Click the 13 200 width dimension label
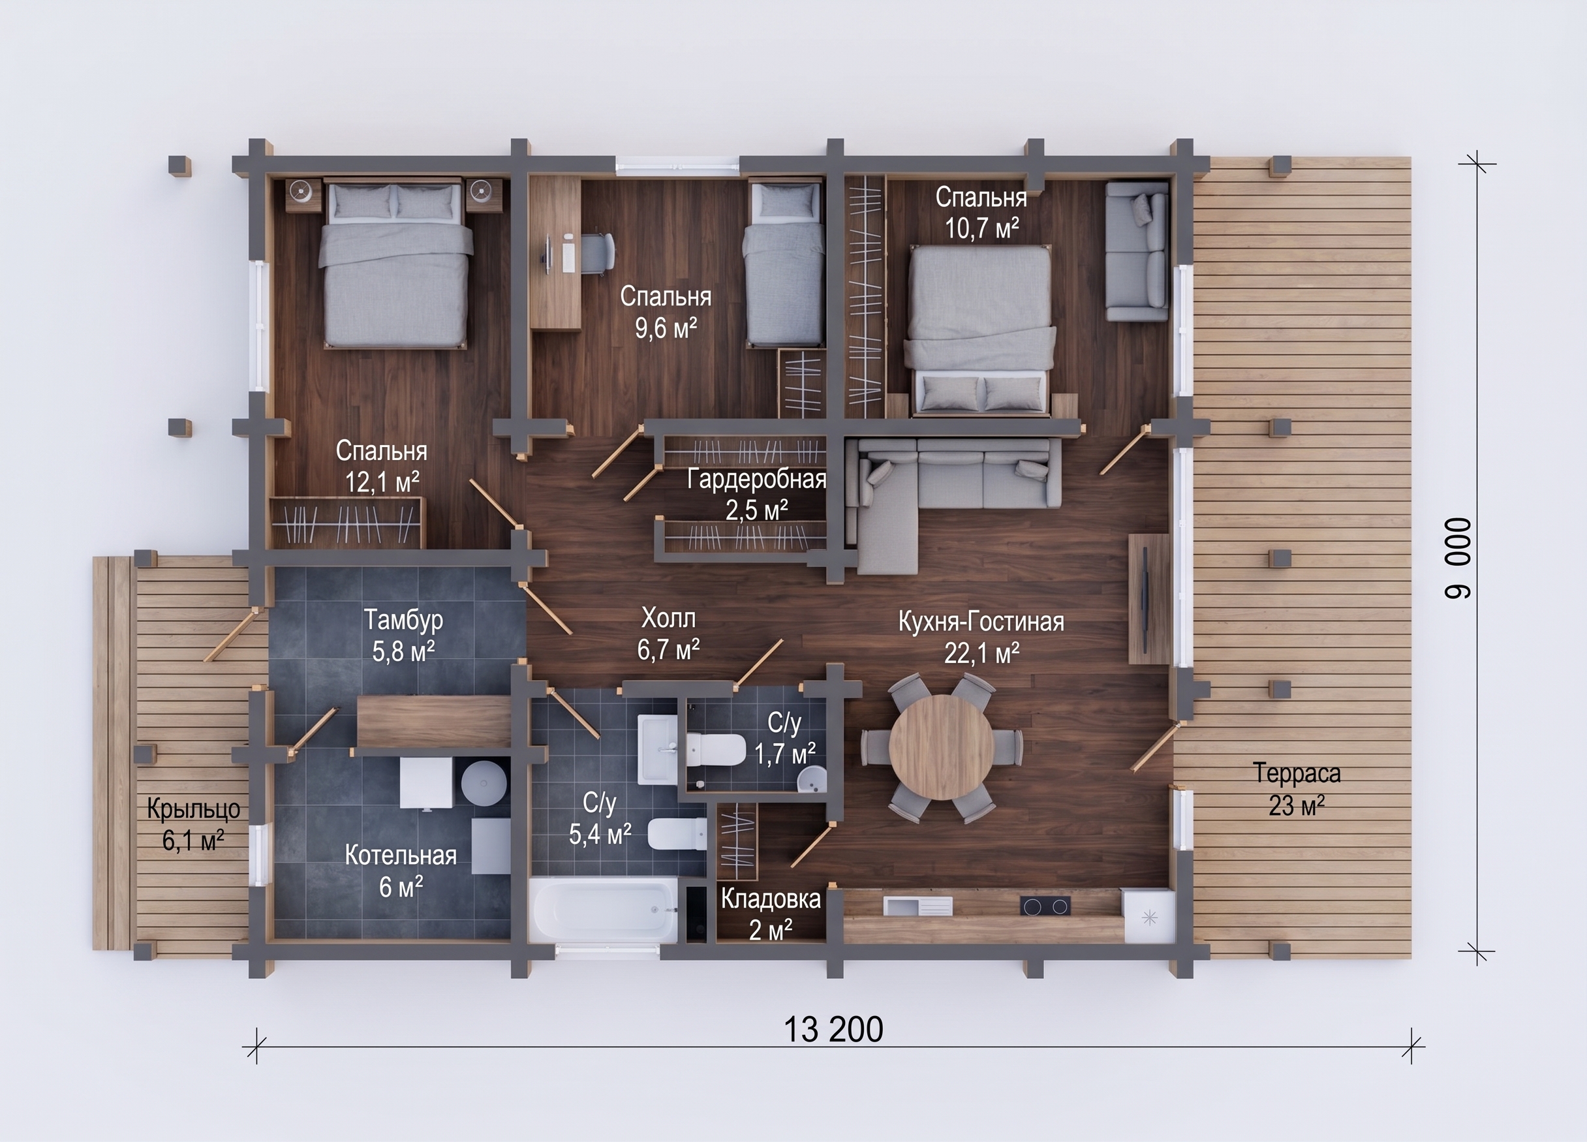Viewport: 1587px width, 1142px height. (x=833, y=1029)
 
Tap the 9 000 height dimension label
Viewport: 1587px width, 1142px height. (x=1458, y=559)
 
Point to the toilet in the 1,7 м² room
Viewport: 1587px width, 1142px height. (x=715, y=749)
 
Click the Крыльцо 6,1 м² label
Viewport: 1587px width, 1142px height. (x=194, y=824)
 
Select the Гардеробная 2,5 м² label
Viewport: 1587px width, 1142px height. (x=756, y=495)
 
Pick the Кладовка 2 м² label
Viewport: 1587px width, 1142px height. (x=771, y=914)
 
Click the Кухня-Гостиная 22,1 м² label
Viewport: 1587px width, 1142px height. (x=981, y=637)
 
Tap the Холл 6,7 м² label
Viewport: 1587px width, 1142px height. (x=668, y=634)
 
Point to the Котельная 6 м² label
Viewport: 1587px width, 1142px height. (x=400, y=871)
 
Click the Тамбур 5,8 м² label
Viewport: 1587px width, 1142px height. (x=403, y=635)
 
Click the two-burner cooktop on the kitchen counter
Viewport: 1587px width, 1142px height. (x=1046, y=907)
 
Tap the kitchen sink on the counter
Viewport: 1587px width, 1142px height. (x=918, y=906)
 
